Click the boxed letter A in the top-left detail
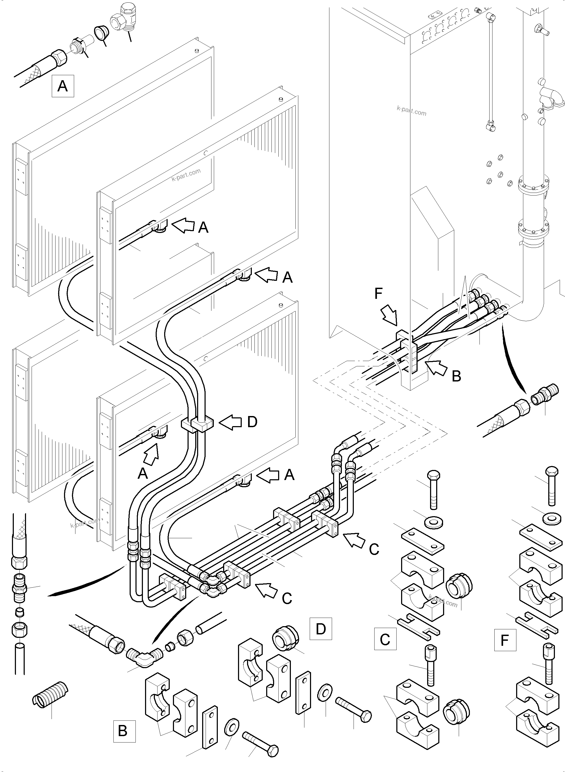pyautogui.click(x=63, y=86)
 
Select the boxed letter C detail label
pyautogui.click(x=385, y=639)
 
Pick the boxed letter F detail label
pyautogui.click(x=505, y=640)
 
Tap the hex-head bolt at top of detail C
pyautogui.click(x=433, y=489)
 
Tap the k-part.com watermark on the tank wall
pyautogui.click(x=411, y=111)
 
